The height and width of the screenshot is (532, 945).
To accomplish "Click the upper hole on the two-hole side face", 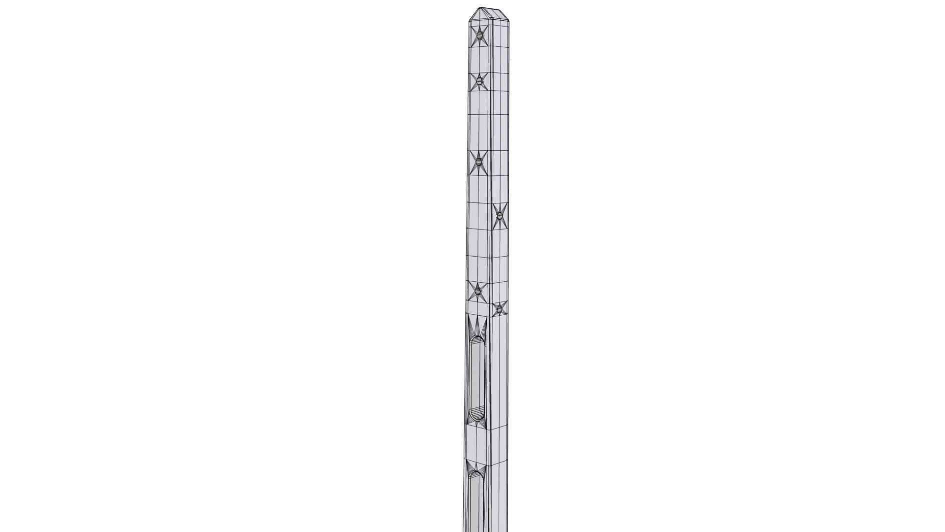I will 500,216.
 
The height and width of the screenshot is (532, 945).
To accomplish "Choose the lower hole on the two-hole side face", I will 499,309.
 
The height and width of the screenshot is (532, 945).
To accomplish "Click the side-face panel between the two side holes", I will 500,261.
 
